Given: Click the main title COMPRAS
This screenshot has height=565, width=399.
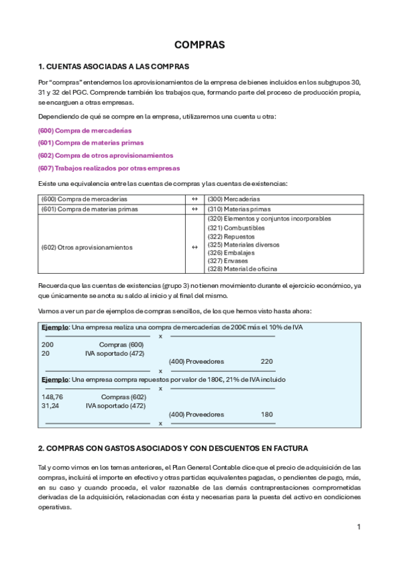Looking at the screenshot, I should [x=199, y=45].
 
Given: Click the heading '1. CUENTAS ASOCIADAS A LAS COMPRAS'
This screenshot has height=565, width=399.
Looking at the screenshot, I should [x=114, y=67].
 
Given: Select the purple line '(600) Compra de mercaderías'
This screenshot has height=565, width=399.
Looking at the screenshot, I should [x=85, y=130].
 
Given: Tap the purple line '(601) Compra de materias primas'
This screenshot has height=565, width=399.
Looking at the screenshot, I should [x=91, y=143].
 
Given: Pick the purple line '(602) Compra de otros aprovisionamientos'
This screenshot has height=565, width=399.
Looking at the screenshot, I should [x=105, y=155].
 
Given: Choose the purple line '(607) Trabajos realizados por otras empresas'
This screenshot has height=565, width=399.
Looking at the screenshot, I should [x=109, y=168].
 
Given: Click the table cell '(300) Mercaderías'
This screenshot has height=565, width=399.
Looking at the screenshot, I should [x=234, y=199].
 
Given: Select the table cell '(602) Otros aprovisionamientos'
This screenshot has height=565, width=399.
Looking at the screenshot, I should [x=87, y=247].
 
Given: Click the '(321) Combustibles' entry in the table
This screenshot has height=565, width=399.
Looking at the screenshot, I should [x=236, y=228].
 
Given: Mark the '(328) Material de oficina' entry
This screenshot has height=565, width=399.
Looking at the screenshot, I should [x=242, y=269].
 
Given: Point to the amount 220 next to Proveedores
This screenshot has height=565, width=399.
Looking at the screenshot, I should [x=266, y=361].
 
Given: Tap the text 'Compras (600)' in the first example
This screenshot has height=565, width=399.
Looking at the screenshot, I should [x=121, y=344].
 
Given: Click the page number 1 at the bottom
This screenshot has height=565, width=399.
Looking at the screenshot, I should [x=358, y=527].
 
